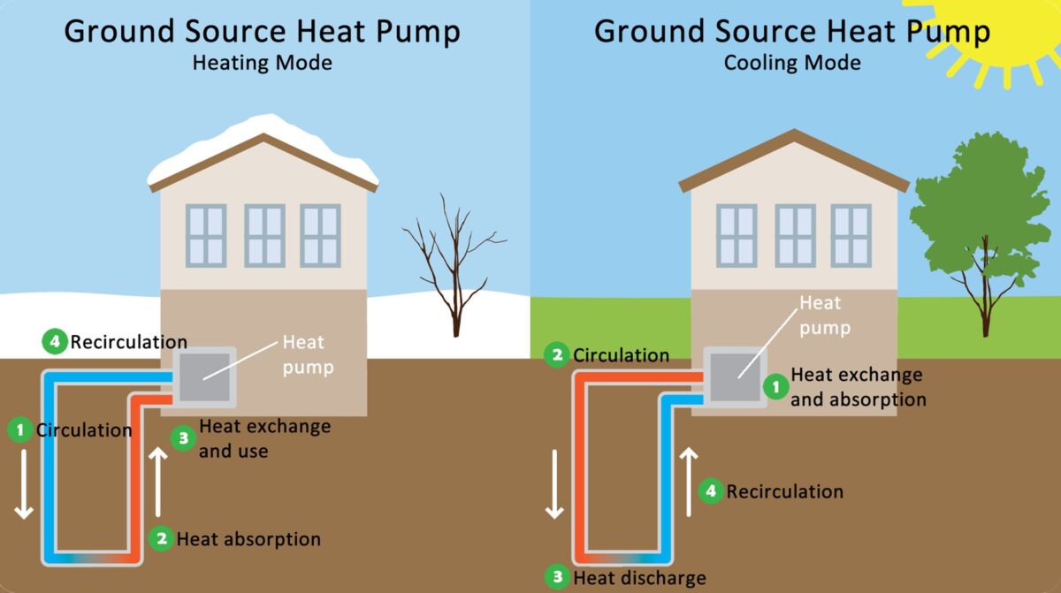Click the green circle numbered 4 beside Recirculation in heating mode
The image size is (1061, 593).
pos(55,341)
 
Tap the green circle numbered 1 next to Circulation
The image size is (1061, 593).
pos(19,430)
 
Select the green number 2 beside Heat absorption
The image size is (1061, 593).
pos(160,538)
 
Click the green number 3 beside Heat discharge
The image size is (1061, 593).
pos(557,578)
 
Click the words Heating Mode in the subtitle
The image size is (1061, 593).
pos(263,63)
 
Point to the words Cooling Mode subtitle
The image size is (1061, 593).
pos(792,63)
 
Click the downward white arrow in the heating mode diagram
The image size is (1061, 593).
pos(24,485)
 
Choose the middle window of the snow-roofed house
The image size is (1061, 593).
pos(264,235)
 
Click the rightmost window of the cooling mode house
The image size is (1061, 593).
pos(851,235)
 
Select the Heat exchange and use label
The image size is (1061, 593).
pos(264,438)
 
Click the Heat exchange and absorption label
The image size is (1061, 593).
pos(858,387)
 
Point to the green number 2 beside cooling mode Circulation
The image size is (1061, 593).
pos(557,355)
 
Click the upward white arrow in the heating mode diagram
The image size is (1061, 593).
pos(157,482)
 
